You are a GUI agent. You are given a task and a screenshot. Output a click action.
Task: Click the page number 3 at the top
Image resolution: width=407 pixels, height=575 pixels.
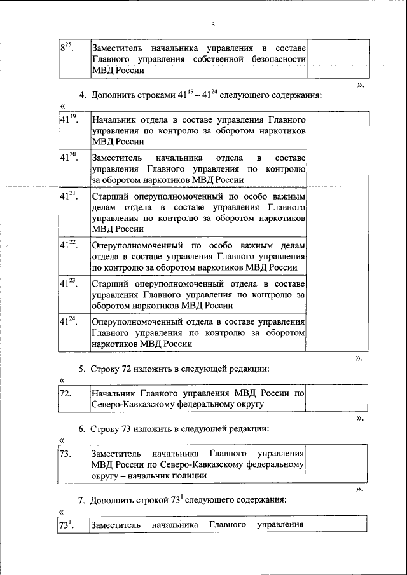click(x=214, y=25)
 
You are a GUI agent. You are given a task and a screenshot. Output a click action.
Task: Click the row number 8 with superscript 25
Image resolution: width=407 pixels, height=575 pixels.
click(x=67, y=48)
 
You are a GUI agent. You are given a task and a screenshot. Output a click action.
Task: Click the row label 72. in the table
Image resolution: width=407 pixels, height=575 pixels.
click(x=64, y=393)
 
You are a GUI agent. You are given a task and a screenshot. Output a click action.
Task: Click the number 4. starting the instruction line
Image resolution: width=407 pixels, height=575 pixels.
click(x=83, y=96)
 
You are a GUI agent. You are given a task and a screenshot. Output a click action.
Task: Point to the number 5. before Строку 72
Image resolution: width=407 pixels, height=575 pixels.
click(x=83, y=369)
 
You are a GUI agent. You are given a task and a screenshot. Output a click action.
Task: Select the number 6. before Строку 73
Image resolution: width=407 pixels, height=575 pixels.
click(x=83, y=429)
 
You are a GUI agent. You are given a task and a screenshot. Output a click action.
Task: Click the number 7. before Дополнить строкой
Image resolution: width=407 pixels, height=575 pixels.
click(x=83, y=500)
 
